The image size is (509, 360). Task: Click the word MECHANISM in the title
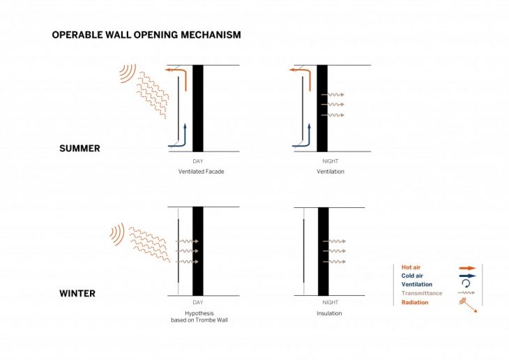coord(211,35)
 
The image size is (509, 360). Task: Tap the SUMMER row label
coord(79,149)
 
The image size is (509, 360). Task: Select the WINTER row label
coord(77,294)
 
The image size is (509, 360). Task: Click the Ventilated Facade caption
coord(202,172)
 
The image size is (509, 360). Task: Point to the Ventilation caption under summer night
coord(331,172)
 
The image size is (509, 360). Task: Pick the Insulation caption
coord(329,313)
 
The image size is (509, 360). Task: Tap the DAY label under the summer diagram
coord(198,161)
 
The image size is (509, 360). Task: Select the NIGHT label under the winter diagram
coord(331,303)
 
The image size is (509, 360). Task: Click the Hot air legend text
coord(411,267)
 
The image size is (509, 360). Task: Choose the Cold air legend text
coord(412,276)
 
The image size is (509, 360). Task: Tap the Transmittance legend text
coord(422,293)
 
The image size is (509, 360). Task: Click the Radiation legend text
coord(415,302)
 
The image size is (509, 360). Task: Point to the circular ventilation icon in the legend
coord(466,284)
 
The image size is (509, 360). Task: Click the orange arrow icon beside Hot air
coord(467,268)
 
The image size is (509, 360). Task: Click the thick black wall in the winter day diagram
coord(198,251)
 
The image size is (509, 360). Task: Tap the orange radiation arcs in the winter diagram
coord(118,234)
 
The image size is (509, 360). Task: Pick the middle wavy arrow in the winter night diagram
coord(335,251)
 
